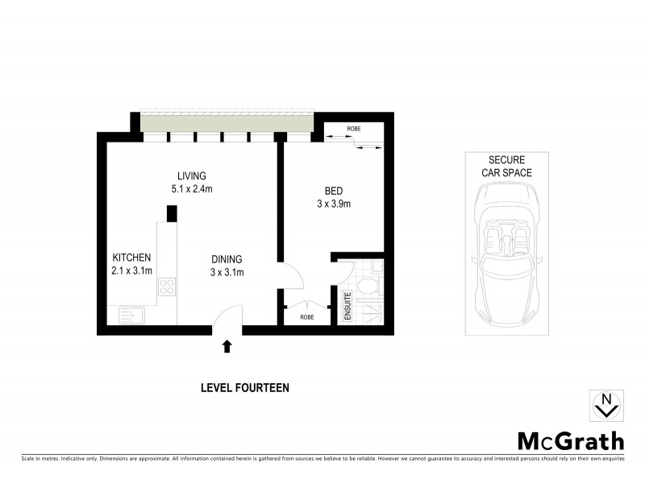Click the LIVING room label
[x=193, y=175]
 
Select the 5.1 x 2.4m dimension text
[x=193, y=189]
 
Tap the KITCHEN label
[x=131, y=258]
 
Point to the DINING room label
[x=227, y=259]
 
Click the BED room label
[x=334, y=191]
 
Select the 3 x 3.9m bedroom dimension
[x=334, y=204]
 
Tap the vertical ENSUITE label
[x=348, y=307]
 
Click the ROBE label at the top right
[x=353, y=129]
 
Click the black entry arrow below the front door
[x=227, y=346]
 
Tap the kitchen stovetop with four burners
[x=168, y=288]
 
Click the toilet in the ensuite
[x=367, y=286]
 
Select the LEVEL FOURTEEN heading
[x=244, y=388]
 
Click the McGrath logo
[x=570, y=440]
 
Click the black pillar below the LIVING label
[x=171, y=213]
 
